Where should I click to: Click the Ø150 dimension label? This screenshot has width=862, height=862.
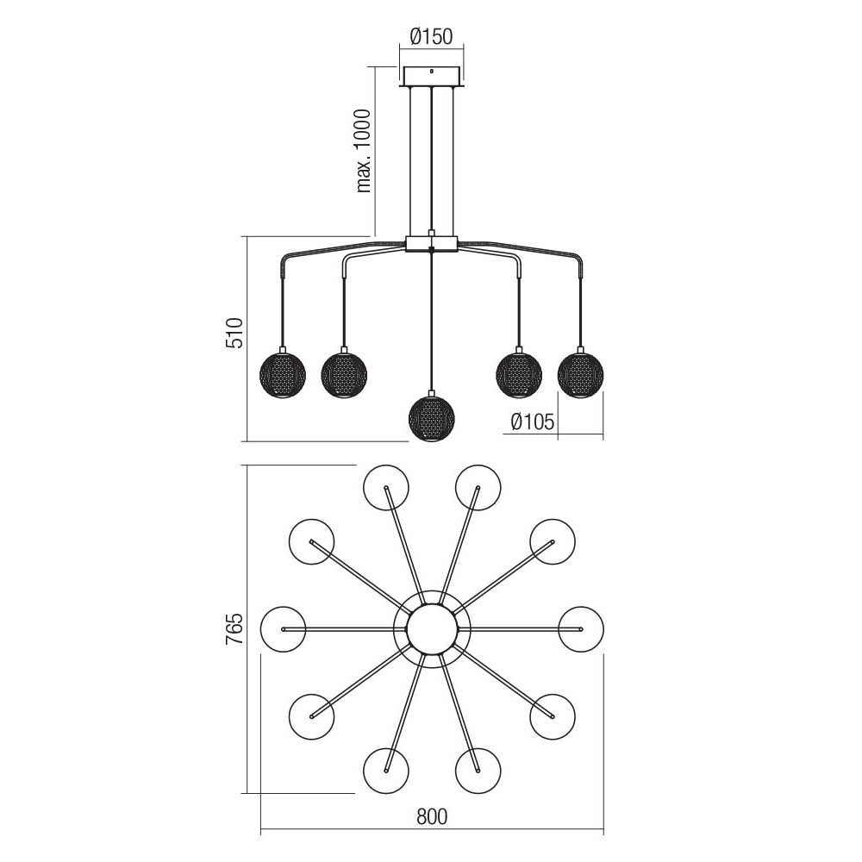click(x=432, y=36)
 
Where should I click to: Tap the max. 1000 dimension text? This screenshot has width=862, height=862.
click(x=364, y=151)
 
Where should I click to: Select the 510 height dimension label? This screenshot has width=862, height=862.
click(x=234, y=333)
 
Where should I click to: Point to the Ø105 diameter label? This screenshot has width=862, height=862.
click(x=533, y=422)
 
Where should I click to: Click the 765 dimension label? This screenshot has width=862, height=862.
click(x=234, y=629)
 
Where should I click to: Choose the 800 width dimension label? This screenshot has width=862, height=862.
click(x=432, y=817)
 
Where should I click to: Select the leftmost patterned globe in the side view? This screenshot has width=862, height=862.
click(x=283, y=375)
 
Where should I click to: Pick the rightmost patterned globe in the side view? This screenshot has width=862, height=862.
click(x=580, y=375)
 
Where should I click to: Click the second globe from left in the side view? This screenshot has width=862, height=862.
click(x=344, y=375)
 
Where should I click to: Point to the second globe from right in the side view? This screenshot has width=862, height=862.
click(x=519, y=375)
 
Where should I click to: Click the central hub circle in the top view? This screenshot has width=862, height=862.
click(x=432, y=629)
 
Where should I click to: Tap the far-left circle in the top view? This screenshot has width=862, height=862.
click(x=283, y=629)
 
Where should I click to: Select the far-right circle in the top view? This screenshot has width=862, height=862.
click(x=581, y=629)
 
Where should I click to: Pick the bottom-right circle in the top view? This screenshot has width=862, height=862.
click(x=553, y=717)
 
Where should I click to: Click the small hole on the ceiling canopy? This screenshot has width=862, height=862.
click(x=432, y=71)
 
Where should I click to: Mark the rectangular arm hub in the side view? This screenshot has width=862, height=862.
click(x=432, y=244)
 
